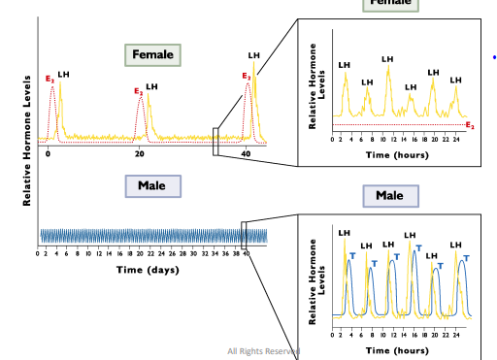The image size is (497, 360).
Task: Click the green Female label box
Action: [x=152, y=54]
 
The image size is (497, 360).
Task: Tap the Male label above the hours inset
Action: [x=388, y=196]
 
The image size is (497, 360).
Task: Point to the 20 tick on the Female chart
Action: [x=139, y=155]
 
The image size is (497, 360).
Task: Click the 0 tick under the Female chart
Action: [x=48, y=155]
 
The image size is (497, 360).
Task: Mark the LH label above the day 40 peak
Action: [x=254, y=56]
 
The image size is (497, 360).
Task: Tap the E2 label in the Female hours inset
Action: [x=470, y=125]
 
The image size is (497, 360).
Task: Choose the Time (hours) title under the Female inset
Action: [x=397, y=154]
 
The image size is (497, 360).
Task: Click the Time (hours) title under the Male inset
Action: [x=397, y=349]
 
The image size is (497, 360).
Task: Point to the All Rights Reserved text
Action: [x=263, y=350]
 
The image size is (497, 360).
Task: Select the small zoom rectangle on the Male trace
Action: [x=244, y=236]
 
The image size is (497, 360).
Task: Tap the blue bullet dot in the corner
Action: [x=494, y=58]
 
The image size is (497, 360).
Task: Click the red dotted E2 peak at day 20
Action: [x=141, y=101]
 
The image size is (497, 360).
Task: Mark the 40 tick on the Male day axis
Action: [x=247, y=254]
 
